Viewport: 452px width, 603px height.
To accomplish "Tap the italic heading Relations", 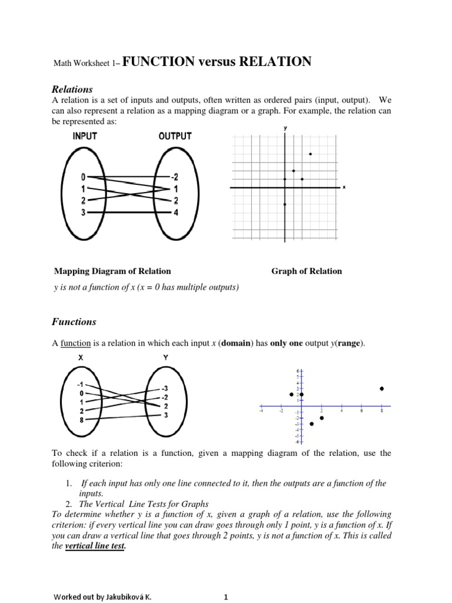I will pos(73,90).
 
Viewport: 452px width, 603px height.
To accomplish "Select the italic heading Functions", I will pos(75,322).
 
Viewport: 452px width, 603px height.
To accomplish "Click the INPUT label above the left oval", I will pos(85,136).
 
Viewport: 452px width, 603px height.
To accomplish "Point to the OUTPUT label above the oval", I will pos(175,136).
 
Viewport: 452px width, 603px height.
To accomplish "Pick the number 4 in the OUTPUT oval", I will pos(174,212).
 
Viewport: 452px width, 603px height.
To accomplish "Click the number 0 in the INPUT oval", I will pos(84,177).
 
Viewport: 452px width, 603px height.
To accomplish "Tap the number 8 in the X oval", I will pos(81,420).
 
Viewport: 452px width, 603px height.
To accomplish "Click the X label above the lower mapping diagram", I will pos(81,357).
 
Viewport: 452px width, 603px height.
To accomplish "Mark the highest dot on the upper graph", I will pos(310,154).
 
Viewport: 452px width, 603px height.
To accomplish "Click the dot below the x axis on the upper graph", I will pos(285,204).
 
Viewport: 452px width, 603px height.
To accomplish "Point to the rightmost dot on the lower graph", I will pos(381,389).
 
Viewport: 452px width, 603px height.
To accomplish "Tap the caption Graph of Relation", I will pos(306,271).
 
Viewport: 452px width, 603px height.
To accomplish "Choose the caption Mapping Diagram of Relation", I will pos(112,271).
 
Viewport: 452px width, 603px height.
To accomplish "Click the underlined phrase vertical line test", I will pos(95,546).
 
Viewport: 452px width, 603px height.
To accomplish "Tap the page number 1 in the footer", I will pos(225,597).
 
